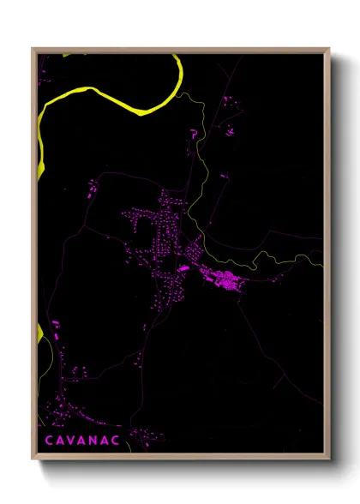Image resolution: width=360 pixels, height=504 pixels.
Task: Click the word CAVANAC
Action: tap(83, 439)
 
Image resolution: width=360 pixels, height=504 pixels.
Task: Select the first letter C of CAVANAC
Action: tap(47, 439)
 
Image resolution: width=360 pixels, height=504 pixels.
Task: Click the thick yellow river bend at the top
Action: tap(137, 104)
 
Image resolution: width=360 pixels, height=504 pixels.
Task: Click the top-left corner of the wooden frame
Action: tap(33, 49)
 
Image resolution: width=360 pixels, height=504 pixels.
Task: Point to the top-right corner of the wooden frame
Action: tap(329, 49)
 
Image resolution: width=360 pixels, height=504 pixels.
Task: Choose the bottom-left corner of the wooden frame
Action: tap(33, 459)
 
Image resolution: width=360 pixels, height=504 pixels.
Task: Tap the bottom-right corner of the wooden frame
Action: tap(329, 459)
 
